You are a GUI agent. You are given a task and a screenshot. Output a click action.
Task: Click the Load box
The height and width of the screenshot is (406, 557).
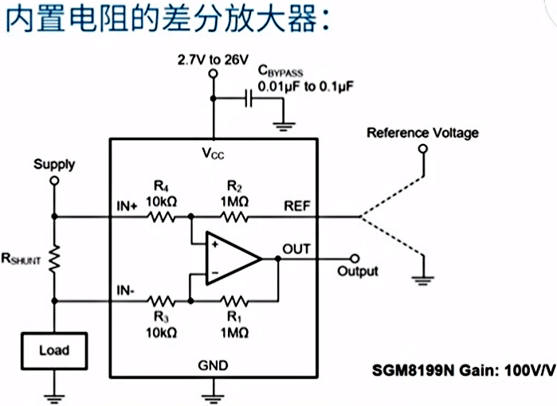(54, 350)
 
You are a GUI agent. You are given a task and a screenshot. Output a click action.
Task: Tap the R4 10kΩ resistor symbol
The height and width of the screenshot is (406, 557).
(165, 216)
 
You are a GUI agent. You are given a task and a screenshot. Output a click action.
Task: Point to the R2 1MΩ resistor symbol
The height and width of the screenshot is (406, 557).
(236, 216)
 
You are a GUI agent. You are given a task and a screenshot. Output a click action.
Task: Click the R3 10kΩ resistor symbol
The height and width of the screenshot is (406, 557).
(165, 302)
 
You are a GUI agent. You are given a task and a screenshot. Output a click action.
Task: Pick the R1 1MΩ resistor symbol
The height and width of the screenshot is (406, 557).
(236, 302)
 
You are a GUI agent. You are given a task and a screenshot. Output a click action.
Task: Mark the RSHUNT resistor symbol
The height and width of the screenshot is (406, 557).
(54, 259)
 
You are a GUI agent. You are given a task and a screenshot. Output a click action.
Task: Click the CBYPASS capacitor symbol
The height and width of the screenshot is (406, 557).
(249, 99)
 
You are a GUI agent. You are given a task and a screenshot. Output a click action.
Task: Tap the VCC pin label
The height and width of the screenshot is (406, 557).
(213, 151)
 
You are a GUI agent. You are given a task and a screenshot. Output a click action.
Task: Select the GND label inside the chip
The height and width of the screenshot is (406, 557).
(213, 365)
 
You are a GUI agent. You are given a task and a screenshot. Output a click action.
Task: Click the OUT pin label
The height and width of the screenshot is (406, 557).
(296, 248)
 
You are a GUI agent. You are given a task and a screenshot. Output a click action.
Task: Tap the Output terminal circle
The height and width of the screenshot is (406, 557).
(355, 258)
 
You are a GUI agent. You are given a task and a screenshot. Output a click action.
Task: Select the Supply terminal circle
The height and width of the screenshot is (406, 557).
(54, 181)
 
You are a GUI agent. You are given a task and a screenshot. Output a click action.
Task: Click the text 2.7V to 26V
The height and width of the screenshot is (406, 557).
(213, 59)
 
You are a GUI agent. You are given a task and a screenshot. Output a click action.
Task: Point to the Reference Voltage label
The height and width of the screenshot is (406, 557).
(422, 132)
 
